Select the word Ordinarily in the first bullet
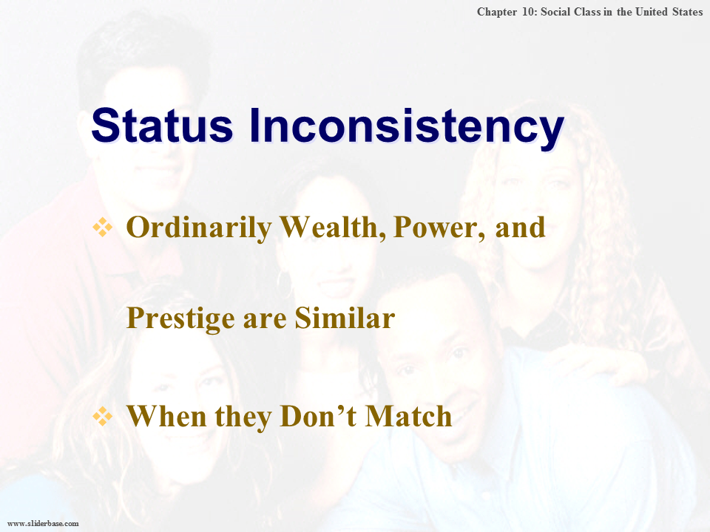coord(198,228)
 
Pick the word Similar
coord(345,318)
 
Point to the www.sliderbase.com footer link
coord(43,523)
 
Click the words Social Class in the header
coord(566,12)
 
